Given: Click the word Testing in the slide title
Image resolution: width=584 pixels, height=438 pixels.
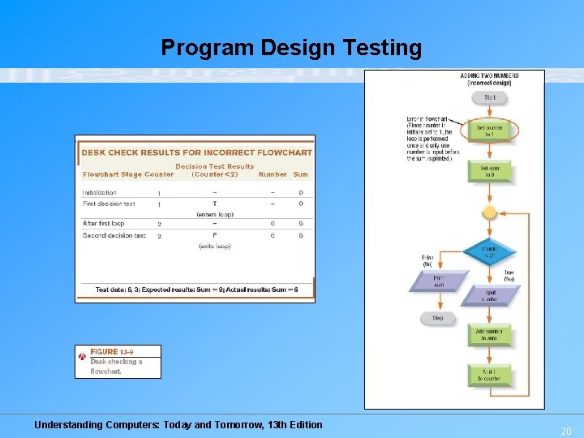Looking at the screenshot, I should pos(384,49).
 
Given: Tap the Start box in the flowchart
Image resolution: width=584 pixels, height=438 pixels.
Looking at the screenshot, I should pos(490,97).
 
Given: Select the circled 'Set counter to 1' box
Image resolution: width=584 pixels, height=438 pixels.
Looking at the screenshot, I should pos(490,130).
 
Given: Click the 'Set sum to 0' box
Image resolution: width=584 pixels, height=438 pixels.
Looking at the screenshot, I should pos(490,172).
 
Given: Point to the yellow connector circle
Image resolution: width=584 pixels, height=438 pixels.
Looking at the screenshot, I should pos(489,213).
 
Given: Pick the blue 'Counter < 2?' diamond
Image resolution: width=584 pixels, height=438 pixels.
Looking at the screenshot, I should pos(489,252).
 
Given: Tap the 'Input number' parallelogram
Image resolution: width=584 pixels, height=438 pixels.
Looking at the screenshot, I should pos(491,294).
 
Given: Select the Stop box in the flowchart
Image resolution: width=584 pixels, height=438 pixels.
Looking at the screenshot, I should pos(437,319).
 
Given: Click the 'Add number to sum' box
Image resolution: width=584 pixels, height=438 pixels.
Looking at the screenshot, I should pos(489,334).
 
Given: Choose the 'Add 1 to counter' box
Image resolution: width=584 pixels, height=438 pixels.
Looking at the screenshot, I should pos(489,375).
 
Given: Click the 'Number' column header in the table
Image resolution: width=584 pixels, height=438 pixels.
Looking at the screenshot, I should pos(273,174).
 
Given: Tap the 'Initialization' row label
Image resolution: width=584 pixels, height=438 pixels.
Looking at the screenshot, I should pos(99,193).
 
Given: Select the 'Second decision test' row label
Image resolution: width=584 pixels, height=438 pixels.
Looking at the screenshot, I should pos(114,236).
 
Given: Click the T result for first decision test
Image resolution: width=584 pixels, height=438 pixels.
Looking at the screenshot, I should pos(215,204).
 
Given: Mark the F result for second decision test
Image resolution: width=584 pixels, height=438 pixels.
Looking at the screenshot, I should pos(215,236).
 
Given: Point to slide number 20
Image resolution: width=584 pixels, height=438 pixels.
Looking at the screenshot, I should pos(566,432).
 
